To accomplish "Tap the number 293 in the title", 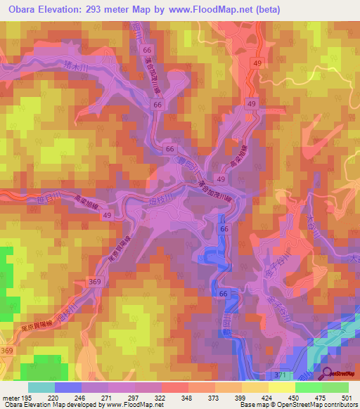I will tap(98, 8).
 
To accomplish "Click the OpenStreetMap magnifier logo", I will tap(328, 375).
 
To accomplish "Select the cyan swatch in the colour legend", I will tap(41, 387).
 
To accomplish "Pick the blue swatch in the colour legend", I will tap(68, 387).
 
